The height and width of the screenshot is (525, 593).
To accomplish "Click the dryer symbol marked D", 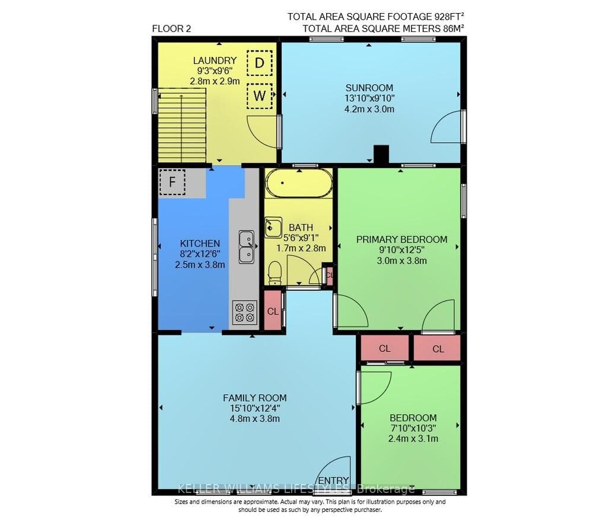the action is click(260, 63).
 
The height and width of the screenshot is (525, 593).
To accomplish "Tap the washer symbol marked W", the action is click(260, 96).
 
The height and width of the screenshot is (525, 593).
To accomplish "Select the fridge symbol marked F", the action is click(172, 182).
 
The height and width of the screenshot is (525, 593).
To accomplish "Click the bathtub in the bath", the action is click(299, 183).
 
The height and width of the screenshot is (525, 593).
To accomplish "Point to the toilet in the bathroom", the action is click(275, 273).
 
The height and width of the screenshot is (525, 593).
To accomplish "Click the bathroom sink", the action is click(273, 227).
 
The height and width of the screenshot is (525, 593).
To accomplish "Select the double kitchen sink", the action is click(247, 247).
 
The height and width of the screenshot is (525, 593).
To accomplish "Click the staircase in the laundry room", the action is click(182, 125).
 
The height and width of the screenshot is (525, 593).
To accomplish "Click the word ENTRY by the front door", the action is click(333, 481).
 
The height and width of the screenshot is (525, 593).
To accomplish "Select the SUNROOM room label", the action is click(369, 88).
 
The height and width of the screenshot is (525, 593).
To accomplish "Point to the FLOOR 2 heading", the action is click(171, 28).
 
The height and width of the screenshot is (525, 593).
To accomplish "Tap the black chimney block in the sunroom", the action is click(381, 154).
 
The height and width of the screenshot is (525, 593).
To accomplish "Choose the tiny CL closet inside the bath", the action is click(329, 275).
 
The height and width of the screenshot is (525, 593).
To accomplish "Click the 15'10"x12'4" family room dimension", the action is click(255, 408).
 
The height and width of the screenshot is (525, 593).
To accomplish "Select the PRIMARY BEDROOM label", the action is click(401, 239).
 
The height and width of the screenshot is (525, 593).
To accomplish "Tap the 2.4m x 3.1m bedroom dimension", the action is click(413, 439).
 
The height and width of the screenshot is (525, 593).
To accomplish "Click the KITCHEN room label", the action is click(200, 244).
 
